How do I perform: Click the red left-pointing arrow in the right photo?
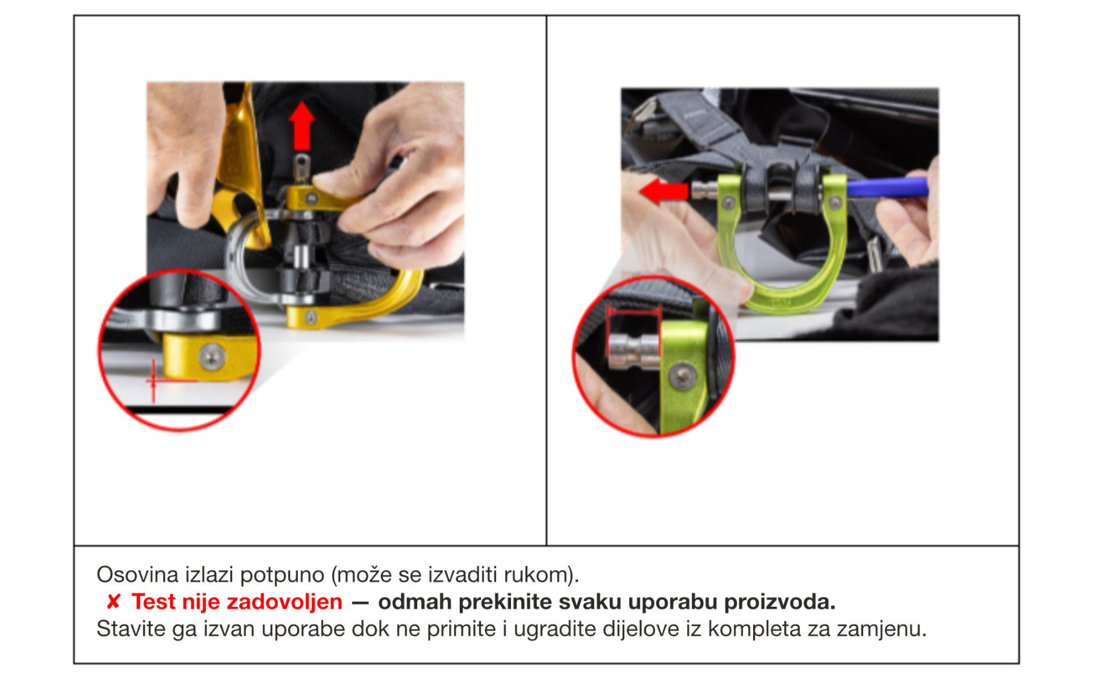coord(664,191)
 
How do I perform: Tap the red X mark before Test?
coord(113,602)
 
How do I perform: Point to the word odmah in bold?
coord(415,602)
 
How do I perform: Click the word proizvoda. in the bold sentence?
coord(779,602)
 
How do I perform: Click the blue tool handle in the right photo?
coord(888,186)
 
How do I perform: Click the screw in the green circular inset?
coord(682,376)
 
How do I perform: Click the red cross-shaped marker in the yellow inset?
coord(154,380)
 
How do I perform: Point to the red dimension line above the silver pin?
coord(634,310)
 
